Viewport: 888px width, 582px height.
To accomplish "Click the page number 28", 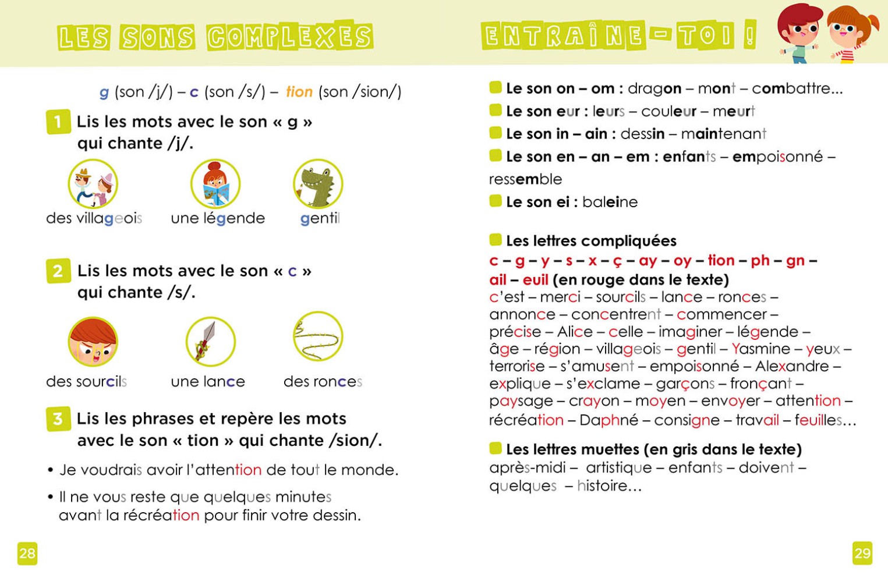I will [x=27, y=553].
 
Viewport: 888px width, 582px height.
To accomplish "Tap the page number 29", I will [x=862, y=553].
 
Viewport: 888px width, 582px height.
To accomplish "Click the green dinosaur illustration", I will [x=318, y=184].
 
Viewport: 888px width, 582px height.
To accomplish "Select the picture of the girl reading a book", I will [x=215, y=184].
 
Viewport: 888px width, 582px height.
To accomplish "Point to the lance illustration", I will [x=210, y=342].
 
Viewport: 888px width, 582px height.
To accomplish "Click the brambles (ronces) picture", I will [x=318, y=336].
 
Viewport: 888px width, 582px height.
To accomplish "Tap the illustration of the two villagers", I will [x=93, y=184].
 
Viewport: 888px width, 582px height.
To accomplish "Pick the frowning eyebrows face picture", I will [x=93, y=342].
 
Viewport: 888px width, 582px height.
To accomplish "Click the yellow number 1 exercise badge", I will [x=58, y=122].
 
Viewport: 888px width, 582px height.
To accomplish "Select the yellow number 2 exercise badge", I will [x=58, y=271].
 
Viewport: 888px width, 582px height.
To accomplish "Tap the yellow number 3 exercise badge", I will [x=58, y=419].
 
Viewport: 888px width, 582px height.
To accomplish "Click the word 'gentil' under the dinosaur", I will [x=320, y=219].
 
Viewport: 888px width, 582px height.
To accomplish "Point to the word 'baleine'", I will [x=610, y=202].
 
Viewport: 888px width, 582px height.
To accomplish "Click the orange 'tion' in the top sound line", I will [x=299, y=92].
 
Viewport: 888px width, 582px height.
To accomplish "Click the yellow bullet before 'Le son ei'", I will [x=496, y=201].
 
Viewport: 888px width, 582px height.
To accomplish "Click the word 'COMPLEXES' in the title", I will [x=290, y=37].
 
